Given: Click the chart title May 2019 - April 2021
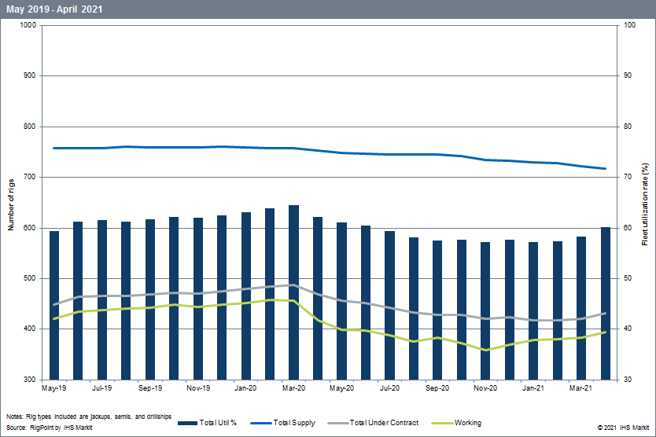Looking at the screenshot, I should [x=54, y=9].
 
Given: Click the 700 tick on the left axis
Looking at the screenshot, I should [x=30, y=177].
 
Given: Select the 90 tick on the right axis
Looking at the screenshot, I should [x=629, y=75].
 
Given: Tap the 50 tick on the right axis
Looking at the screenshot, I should [x=629, y=278].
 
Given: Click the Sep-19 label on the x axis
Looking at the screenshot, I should [x=149, y=388].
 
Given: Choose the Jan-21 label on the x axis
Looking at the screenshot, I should [x=533, y=388].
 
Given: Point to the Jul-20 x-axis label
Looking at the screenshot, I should [x=389, y=388].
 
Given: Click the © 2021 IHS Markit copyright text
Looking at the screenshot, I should [x=623, y=427].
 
